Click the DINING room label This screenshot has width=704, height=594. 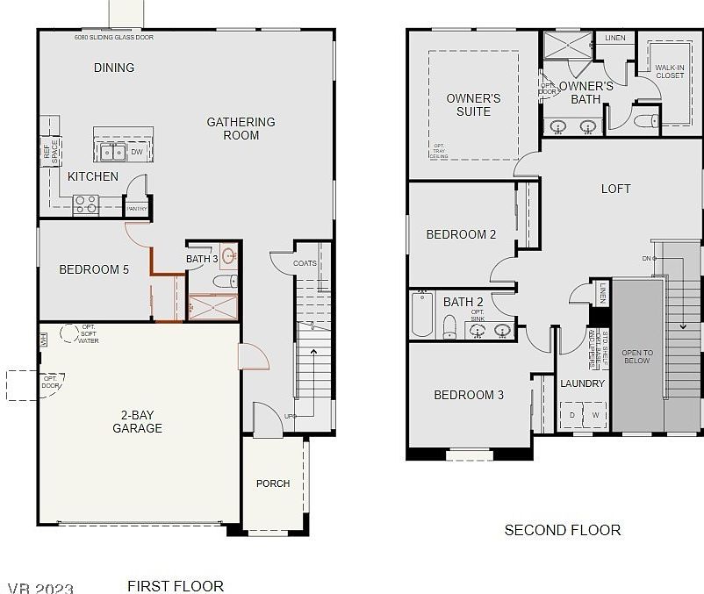point(114,68)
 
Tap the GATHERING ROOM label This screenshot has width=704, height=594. point(241,128)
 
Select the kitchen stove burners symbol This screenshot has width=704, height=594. point(85,204)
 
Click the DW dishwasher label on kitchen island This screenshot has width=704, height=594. point(137,152)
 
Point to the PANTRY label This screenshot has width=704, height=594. point(136,209)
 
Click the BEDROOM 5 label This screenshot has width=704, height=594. point(94,269)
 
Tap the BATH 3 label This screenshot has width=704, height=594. point(202,259)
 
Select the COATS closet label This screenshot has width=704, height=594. point(305,262)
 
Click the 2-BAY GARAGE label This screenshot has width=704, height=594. point(137,421)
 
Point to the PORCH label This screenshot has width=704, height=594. point(273,483)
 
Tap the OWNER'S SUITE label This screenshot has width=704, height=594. point(473,104)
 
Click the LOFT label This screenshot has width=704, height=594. point(615,189)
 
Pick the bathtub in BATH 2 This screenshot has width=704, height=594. point(422,315)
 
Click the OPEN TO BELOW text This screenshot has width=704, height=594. point(636,356)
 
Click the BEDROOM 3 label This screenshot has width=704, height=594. point(469,395)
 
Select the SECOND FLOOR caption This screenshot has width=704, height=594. point(562,530)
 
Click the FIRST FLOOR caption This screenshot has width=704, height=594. point(176,585)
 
